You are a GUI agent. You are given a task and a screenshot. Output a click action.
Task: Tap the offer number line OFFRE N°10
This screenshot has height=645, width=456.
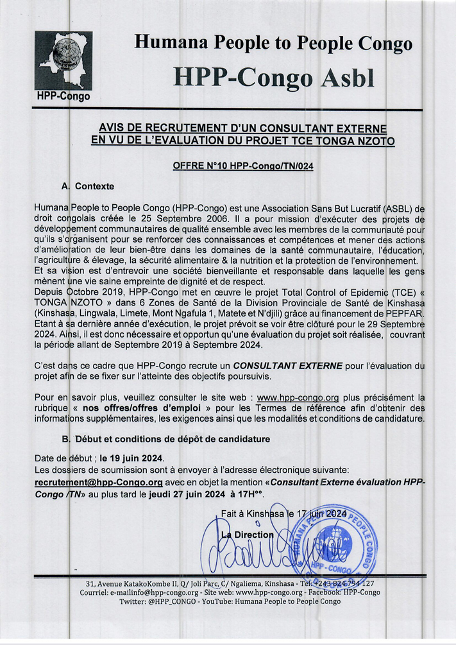tap(243, 166)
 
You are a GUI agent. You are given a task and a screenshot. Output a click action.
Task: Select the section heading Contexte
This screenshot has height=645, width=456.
tap(94, 186)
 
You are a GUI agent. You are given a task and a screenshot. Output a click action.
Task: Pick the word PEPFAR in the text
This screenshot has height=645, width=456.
tap(407, 312)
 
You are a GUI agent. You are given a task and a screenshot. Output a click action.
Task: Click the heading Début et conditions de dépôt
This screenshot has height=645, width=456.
tap(173, 439)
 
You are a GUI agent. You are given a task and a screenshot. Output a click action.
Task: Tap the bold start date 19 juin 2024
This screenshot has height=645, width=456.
tap(131, 458)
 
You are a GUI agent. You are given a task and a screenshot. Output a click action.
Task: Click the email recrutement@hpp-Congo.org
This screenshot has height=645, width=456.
tap(98, 481)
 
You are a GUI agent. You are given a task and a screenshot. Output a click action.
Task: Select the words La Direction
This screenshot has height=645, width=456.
tap(248, 534)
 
